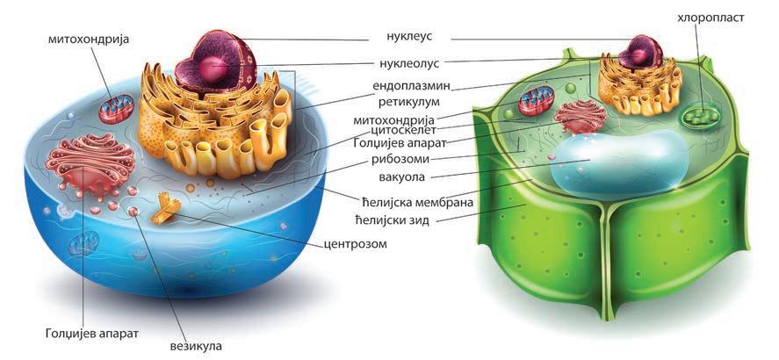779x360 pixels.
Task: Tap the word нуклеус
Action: click(x=395, y=38)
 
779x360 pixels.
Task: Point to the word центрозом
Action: click(x=354, y=243)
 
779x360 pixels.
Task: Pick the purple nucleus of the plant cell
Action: click(x=639, y=54)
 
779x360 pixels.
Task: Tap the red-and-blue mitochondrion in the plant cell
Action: click(x=537, y=100)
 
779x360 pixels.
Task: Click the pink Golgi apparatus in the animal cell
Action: click(x=90, y=162)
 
